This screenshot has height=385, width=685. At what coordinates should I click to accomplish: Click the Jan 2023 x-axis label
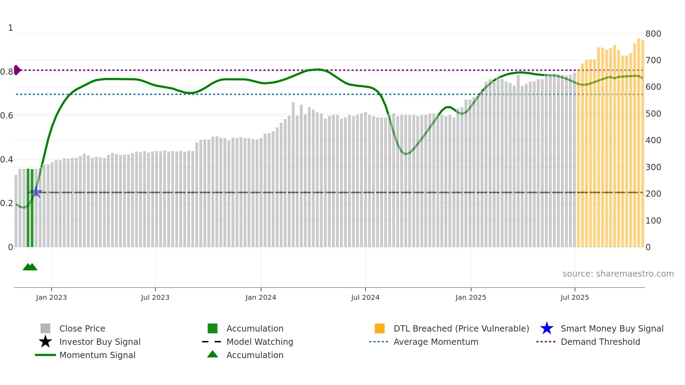click(x=51, y=297)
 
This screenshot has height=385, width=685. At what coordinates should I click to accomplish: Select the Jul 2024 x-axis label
click(x=365, y=297)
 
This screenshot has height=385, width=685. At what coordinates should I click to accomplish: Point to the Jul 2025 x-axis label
click(x=575, y=297)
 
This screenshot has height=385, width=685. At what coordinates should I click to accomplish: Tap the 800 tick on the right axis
click(x=653, y=34)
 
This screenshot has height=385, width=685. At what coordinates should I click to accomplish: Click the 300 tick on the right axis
click(x=653, y=167)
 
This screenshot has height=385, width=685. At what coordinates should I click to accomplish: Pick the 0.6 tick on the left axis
click(x=7, y=116)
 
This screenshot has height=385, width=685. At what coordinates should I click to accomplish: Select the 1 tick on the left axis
click(x=10, y=28)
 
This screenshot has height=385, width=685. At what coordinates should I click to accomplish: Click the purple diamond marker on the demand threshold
click(x=17, y=70)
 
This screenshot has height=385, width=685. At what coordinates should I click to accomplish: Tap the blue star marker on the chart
click(x=36, y=192)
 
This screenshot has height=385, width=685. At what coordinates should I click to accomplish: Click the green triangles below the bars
click(x=30, y=267)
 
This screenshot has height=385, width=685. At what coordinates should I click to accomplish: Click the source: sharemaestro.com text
click(x=618, y=274)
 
